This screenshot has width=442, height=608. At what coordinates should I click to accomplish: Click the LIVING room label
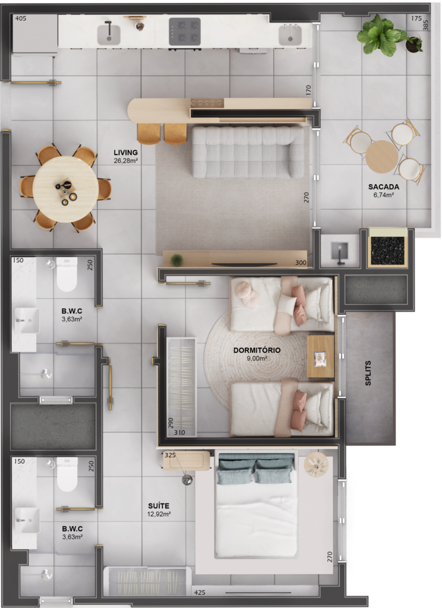coord(126,153)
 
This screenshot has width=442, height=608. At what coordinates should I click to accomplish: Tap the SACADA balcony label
coord(383,187)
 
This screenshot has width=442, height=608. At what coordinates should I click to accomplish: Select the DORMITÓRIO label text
coord(257,350)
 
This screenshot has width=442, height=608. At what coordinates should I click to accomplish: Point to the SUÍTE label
coord(159,506)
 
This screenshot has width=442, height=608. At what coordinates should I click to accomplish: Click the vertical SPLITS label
coord(368,373)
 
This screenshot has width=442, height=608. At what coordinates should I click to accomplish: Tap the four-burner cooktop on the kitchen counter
coord(185,32)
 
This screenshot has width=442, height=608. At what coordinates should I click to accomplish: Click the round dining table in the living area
coord(65,189)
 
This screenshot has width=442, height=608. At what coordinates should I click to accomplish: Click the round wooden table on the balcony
coord(382,157)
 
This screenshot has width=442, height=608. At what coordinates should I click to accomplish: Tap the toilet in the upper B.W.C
coord(67,274)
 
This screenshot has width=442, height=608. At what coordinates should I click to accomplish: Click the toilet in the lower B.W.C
coord(67,474)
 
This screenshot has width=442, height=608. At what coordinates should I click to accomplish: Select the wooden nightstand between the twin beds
coord(321,356)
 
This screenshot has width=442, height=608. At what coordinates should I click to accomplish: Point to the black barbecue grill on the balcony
coord(388,248)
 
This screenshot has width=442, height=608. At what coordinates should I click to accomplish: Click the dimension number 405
coord(21,18)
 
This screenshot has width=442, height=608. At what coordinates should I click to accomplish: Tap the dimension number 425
coord(200,593)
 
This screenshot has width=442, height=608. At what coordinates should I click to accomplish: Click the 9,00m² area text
coord(257,358)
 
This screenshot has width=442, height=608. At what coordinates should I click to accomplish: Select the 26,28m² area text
coord(126,160)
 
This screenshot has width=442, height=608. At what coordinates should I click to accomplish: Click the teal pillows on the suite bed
coord(255,468)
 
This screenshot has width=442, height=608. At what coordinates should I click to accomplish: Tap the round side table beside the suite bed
coord(316,464)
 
